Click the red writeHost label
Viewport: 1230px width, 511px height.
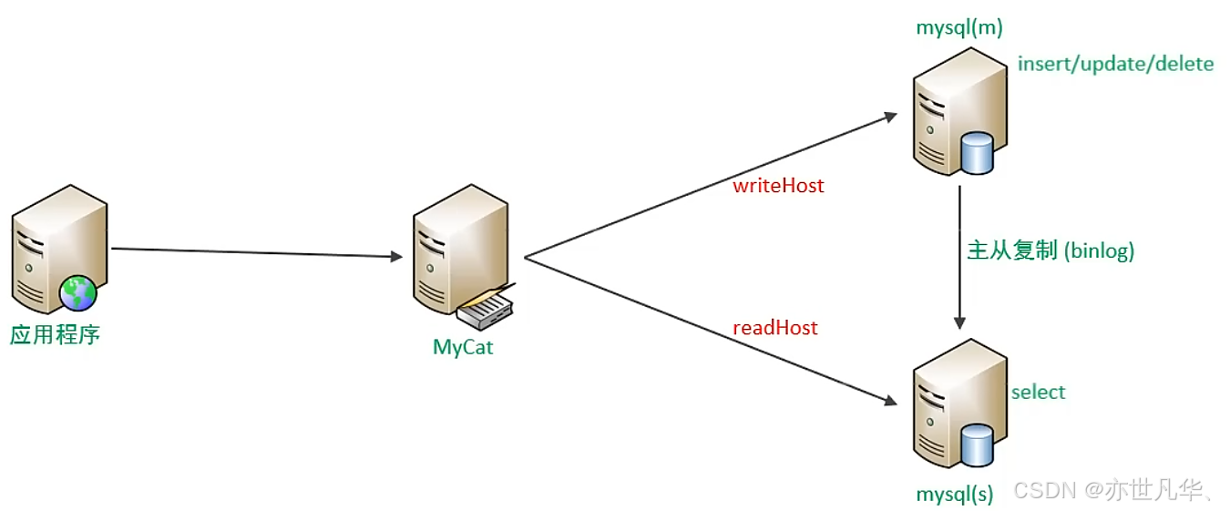point(778,186)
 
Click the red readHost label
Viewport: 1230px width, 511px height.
point(775,328)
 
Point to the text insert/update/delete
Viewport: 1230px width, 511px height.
point(1115,64)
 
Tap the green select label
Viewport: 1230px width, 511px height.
point(1038,392)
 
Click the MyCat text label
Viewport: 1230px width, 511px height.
point(463,347)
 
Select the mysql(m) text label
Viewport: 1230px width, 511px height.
point(959,27)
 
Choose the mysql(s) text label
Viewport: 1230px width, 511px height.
point(954,494)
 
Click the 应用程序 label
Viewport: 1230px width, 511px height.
point(55,334)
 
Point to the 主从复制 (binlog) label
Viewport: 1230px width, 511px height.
point(1051,250)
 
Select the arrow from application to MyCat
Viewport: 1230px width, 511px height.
point(255,252)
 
